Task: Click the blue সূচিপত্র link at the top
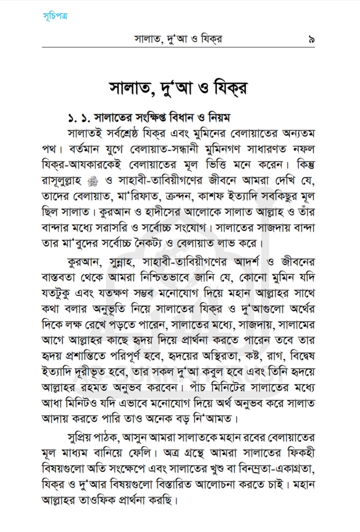tap(55, 16)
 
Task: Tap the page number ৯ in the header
tap(312, 39)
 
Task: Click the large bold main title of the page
tap(179, 89)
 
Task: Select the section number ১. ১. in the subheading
tap(79, 118)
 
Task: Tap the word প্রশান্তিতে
tap(86, 357)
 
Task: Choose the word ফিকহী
tap(301, 453)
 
